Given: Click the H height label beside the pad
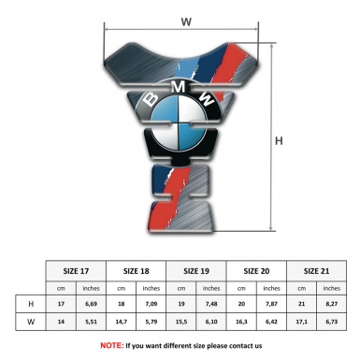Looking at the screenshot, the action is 279,142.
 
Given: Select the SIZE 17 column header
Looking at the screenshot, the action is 77,269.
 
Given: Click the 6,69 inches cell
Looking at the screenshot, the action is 92,304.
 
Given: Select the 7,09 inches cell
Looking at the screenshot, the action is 151,304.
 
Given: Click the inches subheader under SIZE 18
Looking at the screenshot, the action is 151,288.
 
